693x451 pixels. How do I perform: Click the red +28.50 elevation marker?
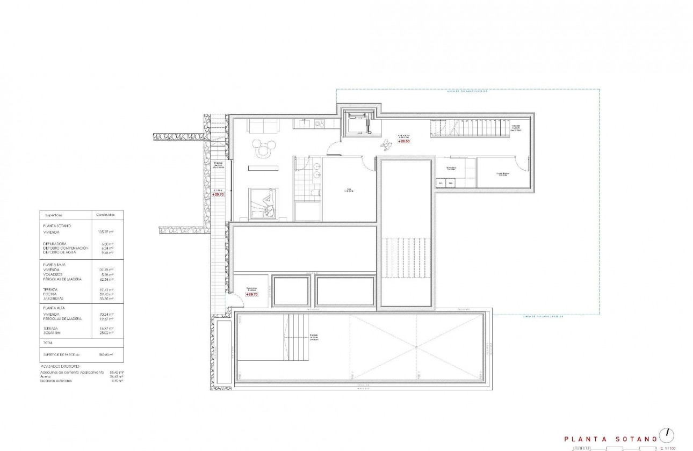pyautogui.click(x=404, y=141)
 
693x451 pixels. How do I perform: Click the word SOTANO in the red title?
pyautogui.click(x=639, y=439)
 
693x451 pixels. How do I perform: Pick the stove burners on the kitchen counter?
pyautogui.click(x=320, y=124)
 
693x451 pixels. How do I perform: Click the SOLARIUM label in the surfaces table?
pyautogui.click(x=53, y=332)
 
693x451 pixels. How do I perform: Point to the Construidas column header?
pyautogui.click(x=105, y=214)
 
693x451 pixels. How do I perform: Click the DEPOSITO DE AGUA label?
pyautogui.click(x=60, y=252)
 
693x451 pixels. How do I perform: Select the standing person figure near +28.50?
pyautogui.click(x=386, y=143)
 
